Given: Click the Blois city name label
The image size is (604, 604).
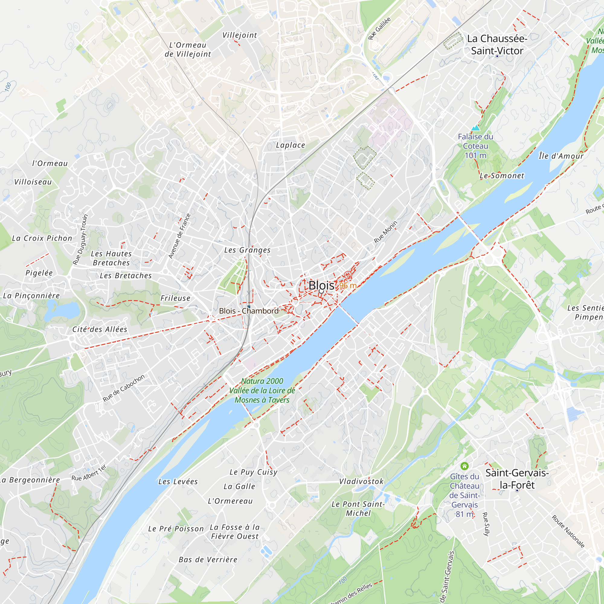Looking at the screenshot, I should pyautogui.click(x=321, y=285).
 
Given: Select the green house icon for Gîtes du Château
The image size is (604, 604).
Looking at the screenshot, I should pyautogui.click(x=464, y=466).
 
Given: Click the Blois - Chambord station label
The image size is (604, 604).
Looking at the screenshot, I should pyautogui.click(x=249, y=311).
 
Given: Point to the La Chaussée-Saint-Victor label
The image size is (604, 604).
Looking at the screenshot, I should pyautogui.click(x=497, y=45).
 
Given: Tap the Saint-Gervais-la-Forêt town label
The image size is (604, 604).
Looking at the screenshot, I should pyautogui.click(x=517, y=479).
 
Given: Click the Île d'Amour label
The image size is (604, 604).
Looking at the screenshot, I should pyautogui.click(x=561, y=156).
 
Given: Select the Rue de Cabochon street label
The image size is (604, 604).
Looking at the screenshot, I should pyautogui.click(x=124, y=388).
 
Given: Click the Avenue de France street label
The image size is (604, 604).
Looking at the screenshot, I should pyautogui.click(x=179, y=236).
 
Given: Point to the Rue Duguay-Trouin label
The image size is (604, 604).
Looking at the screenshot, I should pyautogui.click(x=80, y=239).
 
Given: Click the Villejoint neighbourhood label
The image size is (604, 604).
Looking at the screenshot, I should pyautogui.click(x=239, y=35).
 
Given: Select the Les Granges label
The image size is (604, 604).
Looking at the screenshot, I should pyautogui.click(x=247, y=250).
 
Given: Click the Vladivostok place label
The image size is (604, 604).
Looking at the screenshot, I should pyautogui.click(x=361, y=481).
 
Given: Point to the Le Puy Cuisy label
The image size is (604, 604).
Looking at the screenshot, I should pyautogui.click(x=253, y=472).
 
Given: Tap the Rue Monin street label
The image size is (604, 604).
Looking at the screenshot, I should pyautogui.click(x=386, y=232).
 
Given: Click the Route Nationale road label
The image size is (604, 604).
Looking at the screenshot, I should pyautogui.click(x=568, y=532).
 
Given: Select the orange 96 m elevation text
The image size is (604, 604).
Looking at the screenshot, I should pyautogui.click(x=348, y=285).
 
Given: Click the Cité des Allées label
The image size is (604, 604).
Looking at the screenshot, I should pyautogui.click(x=100, y=329).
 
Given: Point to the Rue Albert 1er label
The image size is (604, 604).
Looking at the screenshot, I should pyautogui.click(x=89, y=473).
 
